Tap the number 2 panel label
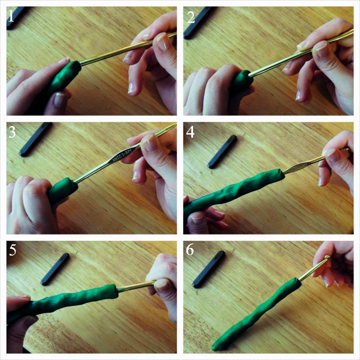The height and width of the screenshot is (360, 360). point(190,17)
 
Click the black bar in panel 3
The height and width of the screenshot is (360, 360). point(36,139)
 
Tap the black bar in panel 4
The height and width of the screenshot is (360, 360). point(222,152)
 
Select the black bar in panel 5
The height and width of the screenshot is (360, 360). point(55,269)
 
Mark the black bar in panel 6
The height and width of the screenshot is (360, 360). point(208,269)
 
